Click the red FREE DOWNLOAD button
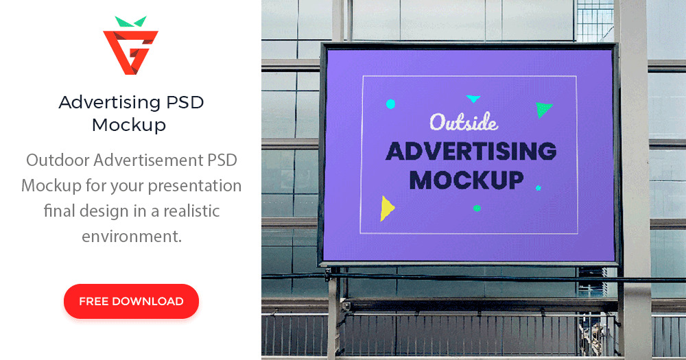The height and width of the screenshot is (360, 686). (x=131, y=301)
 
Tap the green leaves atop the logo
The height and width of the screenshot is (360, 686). (x=130, y=21)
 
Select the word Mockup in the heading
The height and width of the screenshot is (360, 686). (x=129, y=125)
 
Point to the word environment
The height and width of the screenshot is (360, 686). (x=131, y=237)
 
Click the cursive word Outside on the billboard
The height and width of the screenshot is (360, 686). (x=463, y=122)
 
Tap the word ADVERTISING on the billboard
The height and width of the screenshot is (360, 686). (x=471, y=151)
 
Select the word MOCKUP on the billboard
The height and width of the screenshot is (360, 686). (x=466, y=180)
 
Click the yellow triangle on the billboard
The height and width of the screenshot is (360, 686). (x=387, y=208)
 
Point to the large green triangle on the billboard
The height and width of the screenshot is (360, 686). (x=543, y=108)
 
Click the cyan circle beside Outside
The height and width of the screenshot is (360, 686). (x=390, y=104)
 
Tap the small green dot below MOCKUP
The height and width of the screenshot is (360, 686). (x=477, y=208)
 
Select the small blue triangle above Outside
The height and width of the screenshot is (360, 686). (x=473, y=99)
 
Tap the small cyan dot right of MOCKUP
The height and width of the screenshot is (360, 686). (x=538, y=187)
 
